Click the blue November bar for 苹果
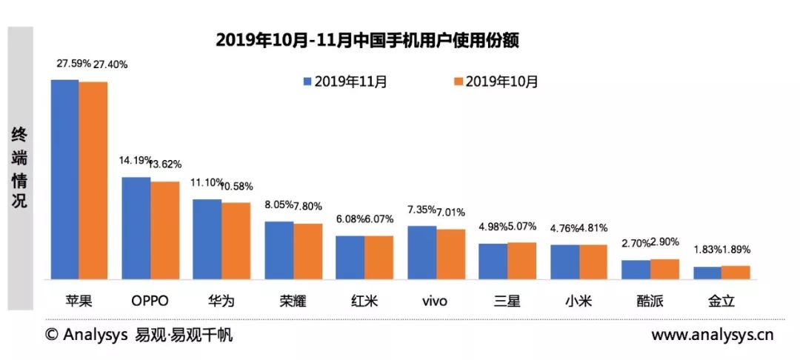pos(64,179)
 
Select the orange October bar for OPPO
pos(164,230)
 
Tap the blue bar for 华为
pos(207,239)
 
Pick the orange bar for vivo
pos(451,255)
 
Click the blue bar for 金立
pos(707,273)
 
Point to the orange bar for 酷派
pos(664,269)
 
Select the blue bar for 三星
pos(493,261)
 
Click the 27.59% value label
pos(73,64)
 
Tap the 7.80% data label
pos(308,206)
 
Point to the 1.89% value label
pos(736,250)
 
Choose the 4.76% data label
pos(564,228)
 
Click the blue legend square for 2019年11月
pos(307,82)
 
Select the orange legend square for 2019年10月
pos(459,82)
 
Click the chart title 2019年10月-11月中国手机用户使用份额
pos(367,40)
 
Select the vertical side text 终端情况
pos(19,168)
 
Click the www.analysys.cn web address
pos(713,335)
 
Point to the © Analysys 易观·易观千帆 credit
pos(139,335)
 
